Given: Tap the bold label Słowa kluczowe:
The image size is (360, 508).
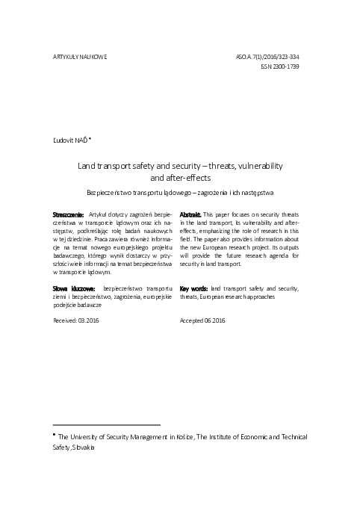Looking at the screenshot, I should click(75, 288).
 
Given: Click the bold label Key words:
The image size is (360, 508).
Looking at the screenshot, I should click(194, 288).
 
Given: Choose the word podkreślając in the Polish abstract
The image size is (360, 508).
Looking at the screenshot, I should click(90, 230).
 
